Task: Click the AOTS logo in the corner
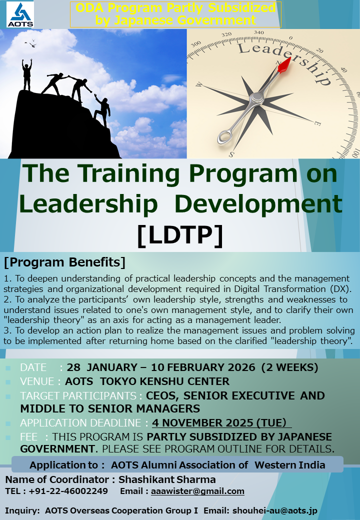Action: coord(20,14)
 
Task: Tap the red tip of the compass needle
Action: coord(285,65)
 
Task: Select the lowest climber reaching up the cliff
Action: coord(102,110)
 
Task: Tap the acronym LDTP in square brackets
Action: coord(180,235)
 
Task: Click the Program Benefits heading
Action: coord(64,262)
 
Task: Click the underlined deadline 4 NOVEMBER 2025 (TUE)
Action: coord(221,423)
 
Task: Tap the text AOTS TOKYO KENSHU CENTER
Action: coord(147,381)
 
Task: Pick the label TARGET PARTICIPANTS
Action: coord(78,395)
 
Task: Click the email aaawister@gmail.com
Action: coord(197,491)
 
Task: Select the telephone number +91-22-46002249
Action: coord(68,491)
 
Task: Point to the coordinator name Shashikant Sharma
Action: coord(167,479)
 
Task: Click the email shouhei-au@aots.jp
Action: coord(275,510)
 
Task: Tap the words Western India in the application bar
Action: coord(289,465)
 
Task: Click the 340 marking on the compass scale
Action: coord(259,32)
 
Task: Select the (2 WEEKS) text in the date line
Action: coord(289,367)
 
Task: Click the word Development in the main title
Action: coord(258,203)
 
